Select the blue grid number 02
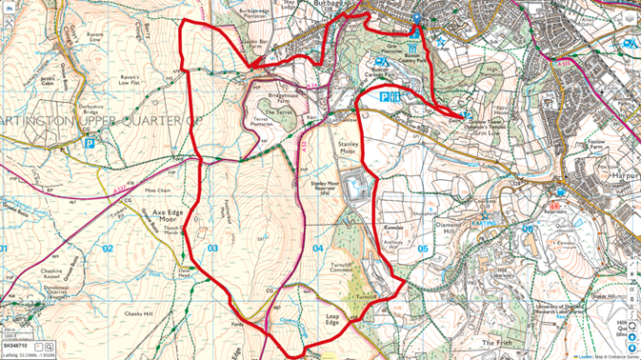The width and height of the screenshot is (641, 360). click(x=108, y=249)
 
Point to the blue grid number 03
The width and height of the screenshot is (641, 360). click(x=212, y=249)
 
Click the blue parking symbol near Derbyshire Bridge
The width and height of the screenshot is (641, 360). click(x=90, y=144)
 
